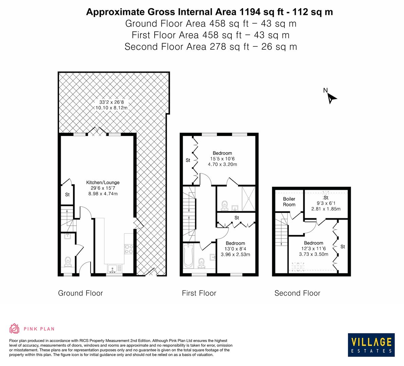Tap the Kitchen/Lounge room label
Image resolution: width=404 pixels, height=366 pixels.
pos(103,182)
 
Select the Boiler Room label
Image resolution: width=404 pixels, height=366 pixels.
pos(289,202)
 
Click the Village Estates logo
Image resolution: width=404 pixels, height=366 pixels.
pos(371,344)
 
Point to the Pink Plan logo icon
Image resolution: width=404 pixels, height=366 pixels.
pos(15,328)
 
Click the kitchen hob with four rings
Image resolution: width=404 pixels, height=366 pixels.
pos(129,249)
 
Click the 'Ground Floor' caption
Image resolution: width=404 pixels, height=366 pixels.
pos(80,293)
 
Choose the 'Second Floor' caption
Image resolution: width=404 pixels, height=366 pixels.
pos(297,293)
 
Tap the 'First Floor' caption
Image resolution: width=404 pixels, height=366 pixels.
pos(199,293)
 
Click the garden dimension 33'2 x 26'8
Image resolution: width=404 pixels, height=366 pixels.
pos(111,102)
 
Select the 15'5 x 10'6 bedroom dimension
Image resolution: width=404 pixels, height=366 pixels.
pos(222,159)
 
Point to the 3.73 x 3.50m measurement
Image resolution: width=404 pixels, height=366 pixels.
pos(313,254)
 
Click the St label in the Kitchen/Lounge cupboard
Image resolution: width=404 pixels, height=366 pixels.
pos(67,195)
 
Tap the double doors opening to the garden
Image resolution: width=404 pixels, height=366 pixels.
pos(98,131)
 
